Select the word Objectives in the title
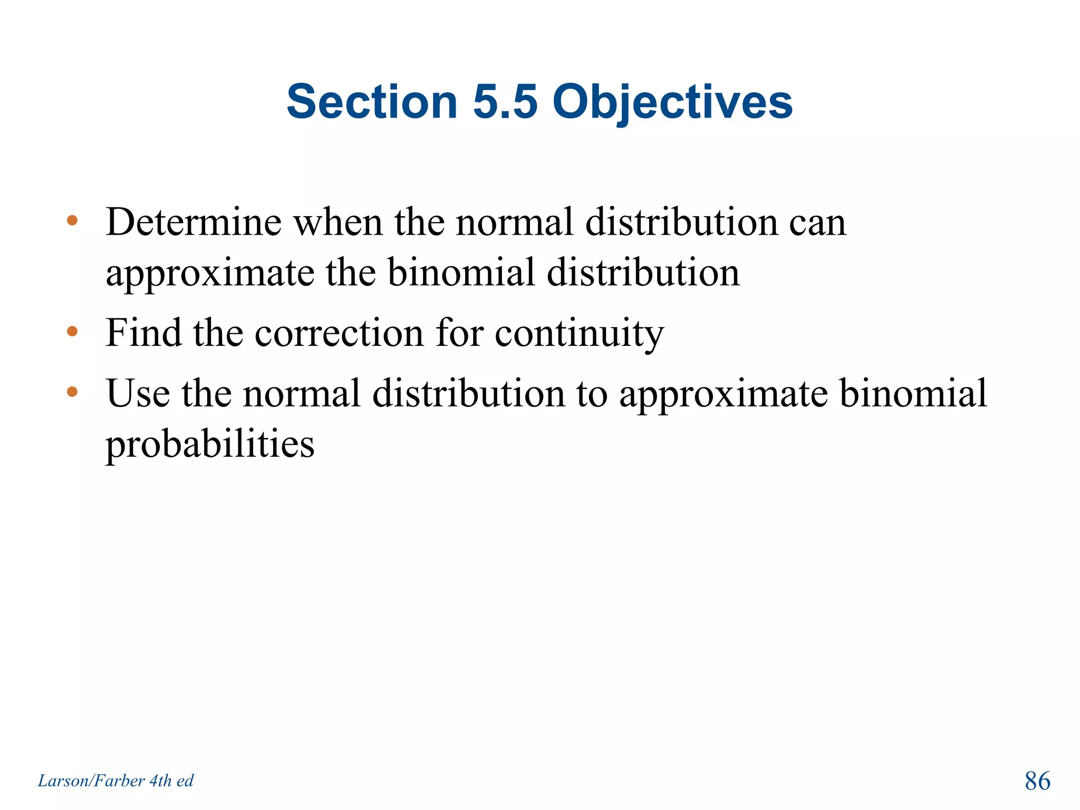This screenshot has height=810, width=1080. [672, 103]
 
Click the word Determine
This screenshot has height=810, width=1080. [194, 222]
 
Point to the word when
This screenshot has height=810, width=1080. [338, 222]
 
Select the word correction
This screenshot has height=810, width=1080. [339, 334]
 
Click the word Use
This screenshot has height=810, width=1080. [138, 393]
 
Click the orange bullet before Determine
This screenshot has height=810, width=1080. [72, 221]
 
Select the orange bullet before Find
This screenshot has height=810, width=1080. [72, 332]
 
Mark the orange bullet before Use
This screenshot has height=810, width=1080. [72, 392]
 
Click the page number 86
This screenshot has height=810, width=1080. [1037, 781]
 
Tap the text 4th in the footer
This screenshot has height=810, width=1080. [161, 781]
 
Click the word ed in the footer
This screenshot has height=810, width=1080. [185, 781]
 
